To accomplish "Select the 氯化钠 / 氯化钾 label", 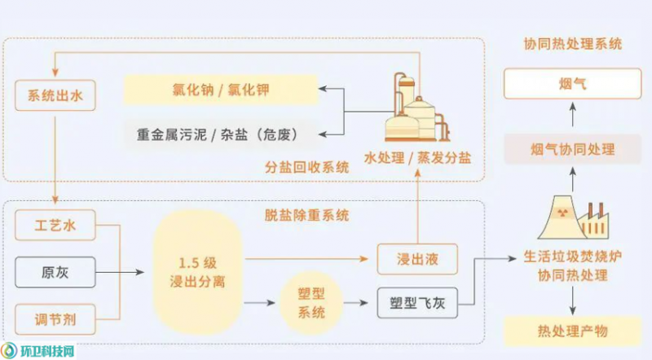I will tap(220, 90).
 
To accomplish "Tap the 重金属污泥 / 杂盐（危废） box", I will tap(220, 134).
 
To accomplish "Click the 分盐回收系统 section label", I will tap(306, 168).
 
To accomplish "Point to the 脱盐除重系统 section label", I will tap(306, 215).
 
